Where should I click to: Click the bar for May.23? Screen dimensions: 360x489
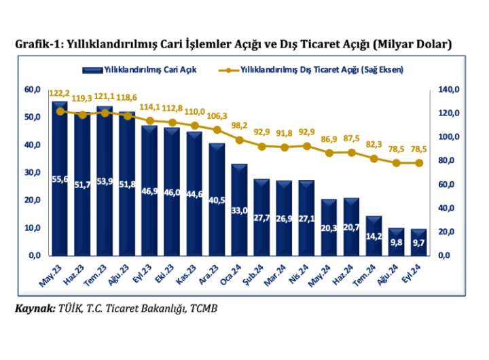click(x=60, y=179)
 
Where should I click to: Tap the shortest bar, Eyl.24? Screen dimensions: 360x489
click(x=418, y=242)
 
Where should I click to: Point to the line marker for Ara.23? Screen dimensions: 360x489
click(x=217, y=129)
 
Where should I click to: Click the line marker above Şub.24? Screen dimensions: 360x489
click(x=261, y=146)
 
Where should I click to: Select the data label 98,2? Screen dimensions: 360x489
click(x=239, y=126)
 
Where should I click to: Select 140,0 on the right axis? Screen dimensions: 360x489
click(x=449, y=89)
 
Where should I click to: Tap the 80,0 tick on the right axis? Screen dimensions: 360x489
click(x=449, y=160)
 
